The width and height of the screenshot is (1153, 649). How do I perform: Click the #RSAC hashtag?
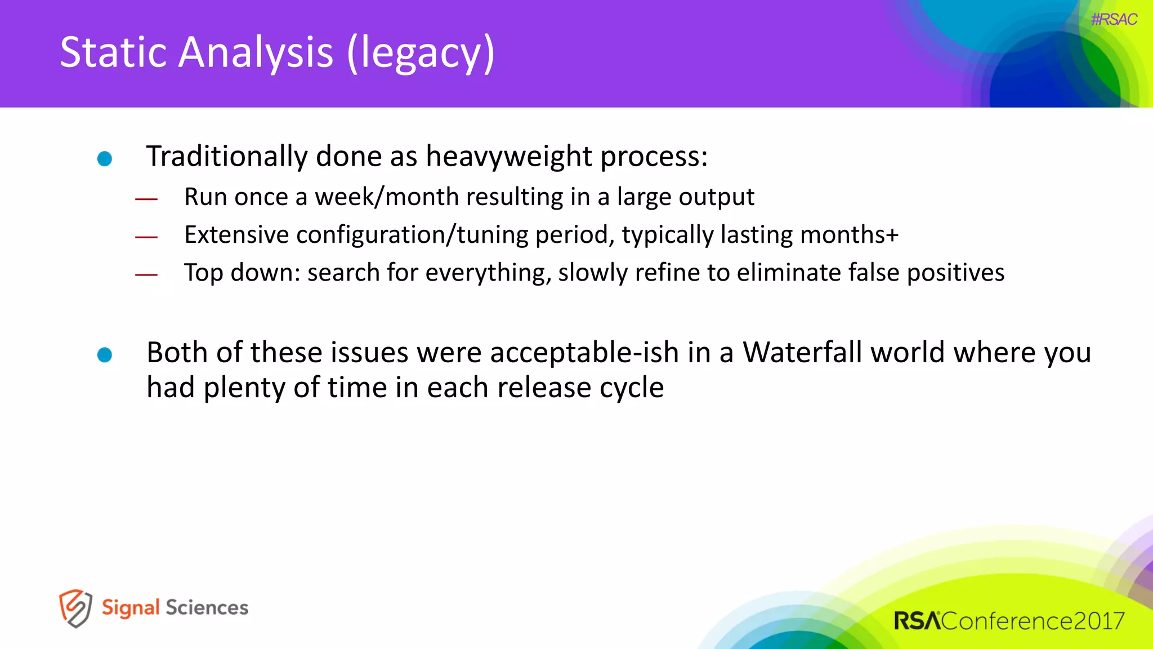(1114, 20)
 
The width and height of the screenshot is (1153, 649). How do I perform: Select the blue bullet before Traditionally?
(105, 159)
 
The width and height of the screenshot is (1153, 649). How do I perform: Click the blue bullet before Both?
(105, 355)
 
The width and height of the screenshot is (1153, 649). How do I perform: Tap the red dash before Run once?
(146, 199)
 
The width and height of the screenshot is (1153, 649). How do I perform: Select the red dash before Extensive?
(146, 237)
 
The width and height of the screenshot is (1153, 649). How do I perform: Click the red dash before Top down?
(146, 275)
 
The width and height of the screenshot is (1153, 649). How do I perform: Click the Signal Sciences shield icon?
(75, 608)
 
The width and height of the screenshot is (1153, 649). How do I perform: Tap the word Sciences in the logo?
(207, 608)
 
